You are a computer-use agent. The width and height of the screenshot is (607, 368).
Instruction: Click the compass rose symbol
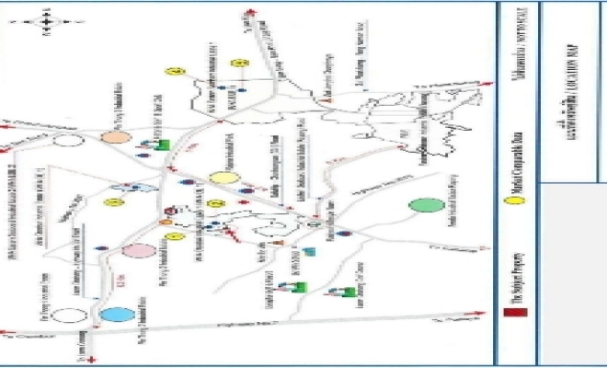pos(45,20)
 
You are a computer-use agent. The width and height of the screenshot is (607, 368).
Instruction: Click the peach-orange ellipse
pos(115,136)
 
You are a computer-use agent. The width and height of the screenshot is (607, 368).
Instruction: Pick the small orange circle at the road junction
pos(166,222)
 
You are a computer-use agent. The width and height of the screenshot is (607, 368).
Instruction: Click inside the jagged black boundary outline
pos(405,120)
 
